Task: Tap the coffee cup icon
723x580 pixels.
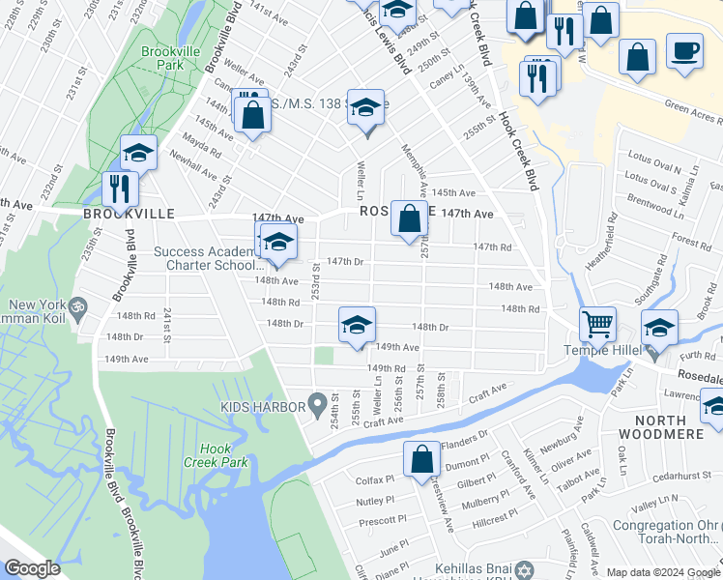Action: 684,51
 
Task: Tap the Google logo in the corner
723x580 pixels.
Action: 32,568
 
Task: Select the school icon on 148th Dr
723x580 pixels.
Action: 357,324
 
